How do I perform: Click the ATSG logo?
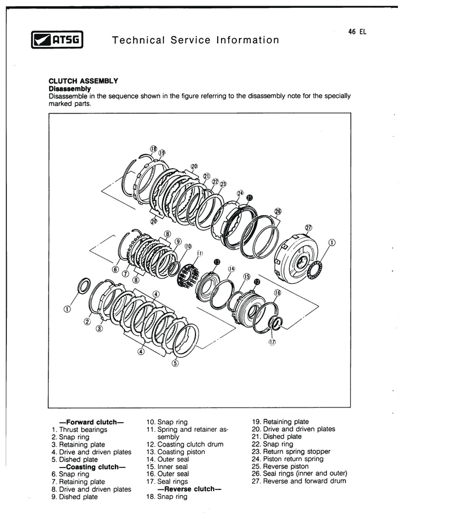pos(57,40)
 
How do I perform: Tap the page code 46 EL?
pos(357,32)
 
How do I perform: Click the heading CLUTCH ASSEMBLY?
pos(83,81)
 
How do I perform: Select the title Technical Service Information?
pos(196,40)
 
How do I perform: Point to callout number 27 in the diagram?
pos(308,227)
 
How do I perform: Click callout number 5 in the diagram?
pos(175,363)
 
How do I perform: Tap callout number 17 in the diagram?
pos(272,342)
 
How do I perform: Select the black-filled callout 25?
pos(250,198)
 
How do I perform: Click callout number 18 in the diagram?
pos(153,149)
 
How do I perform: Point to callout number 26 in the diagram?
pos(278,211)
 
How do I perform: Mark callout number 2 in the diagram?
pos(87,321)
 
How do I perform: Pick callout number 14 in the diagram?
pos(231,269)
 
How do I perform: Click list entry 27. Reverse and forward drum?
pos(299,481)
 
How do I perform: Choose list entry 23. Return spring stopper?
pos(291,451)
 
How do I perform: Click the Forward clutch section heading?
pos(91,422)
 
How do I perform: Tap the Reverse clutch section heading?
pos(189,489)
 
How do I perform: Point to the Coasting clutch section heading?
pos(92,467)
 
